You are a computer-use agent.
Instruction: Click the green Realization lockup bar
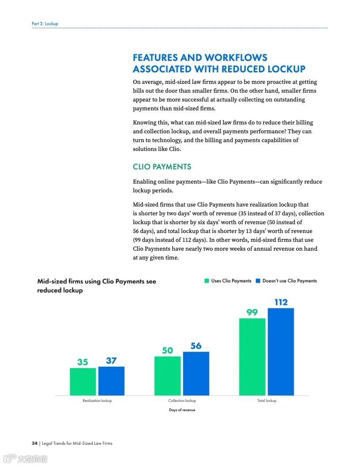[83, 382]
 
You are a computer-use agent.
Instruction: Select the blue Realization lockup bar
[111, 381]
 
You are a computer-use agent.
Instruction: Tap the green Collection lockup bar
[168, 376]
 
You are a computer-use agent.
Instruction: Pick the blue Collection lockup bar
[196, 373]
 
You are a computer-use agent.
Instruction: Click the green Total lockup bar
[252, 357]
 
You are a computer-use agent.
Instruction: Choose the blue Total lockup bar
[281, 352]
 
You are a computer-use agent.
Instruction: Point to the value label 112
[281, 302]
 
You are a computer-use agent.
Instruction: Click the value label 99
[252, 312]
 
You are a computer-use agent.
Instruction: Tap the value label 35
[82, 362]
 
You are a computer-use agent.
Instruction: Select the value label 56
[196, 346]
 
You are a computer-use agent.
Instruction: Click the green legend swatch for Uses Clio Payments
[206, 281]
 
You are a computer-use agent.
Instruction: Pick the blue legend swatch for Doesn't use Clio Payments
[258, 281]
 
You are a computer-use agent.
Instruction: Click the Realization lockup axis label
[97, 401]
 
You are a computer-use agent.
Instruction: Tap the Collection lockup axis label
[182, 401]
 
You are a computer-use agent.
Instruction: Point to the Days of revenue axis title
[182, 410]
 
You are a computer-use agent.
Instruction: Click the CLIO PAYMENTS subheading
[162, 167]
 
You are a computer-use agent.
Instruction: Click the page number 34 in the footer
[34, 443]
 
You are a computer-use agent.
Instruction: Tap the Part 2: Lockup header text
[45, 23]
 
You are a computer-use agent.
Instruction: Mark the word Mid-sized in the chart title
[52, 282]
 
